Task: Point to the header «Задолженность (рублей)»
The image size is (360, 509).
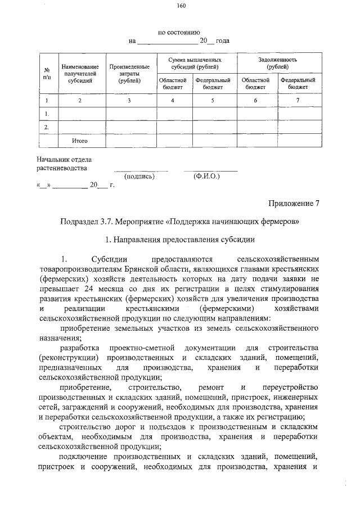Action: coord(277,63)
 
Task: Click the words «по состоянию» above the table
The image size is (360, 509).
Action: coord(179,33)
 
